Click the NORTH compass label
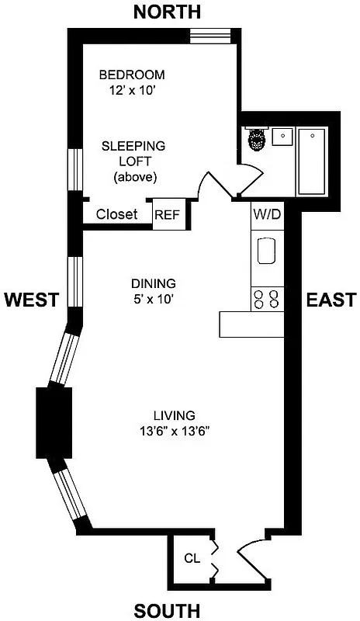(x=167, y=12)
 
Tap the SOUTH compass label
(x=167, y=610)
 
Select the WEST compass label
(x=31, y=300)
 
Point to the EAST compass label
(x=331, y=300)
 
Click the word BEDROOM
(x=132, y=75)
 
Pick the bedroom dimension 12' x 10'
(x=132, y=90)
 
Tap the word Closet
(x=116, y=214)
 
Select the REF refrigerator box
(x=167, y=215)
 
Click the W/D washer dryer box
(x=266, y=214)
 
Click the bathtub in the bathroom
(x=313, y=161)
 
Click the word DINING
(x=153, y=283)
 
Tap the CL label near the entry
(x=192, y=557)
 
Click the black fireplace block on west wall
(x=54, y=422)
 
